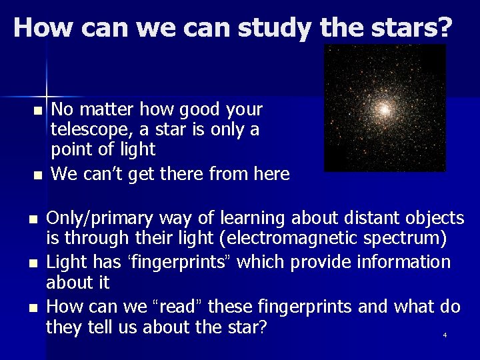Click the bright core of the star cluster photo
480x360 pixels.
click(385, 109)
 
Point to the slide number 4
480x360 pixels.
click(445, 335)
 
